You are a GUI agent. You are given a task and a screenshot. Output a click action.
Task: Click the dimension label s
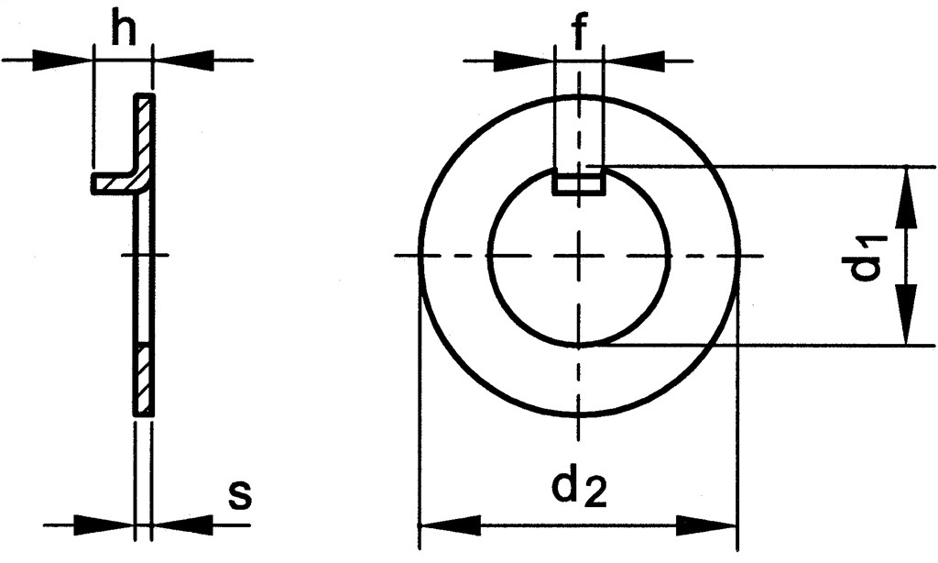pyautogui.click(x=239, y=497)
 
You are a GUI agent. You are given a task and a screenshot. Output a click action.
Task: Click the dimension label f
pyautogui.click(x=578, y=34)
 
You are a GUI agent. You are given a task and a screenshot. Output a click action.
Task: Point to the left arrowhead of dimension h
pyautogui.click(x=69, y=61)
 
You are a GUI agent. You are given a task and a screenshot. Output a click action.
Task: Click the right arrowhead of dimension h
pyautogui.click(x=180, y=61)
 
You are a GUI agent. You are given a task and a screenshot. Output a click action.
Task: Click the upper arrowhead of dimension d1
pyautogui.click(x=908, y=193)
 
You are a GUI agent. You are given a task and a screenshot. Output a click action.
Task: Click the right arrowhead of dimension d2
pyautogui.click(x=709, y=526)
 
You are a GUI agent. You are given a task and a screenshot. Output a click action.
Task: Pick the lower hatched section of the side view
pyautogui.click(x=145, y=379)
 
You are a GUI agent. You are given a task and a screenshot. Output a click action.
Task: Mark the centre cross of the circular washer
pyautogui.click(x=578, y=256)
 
